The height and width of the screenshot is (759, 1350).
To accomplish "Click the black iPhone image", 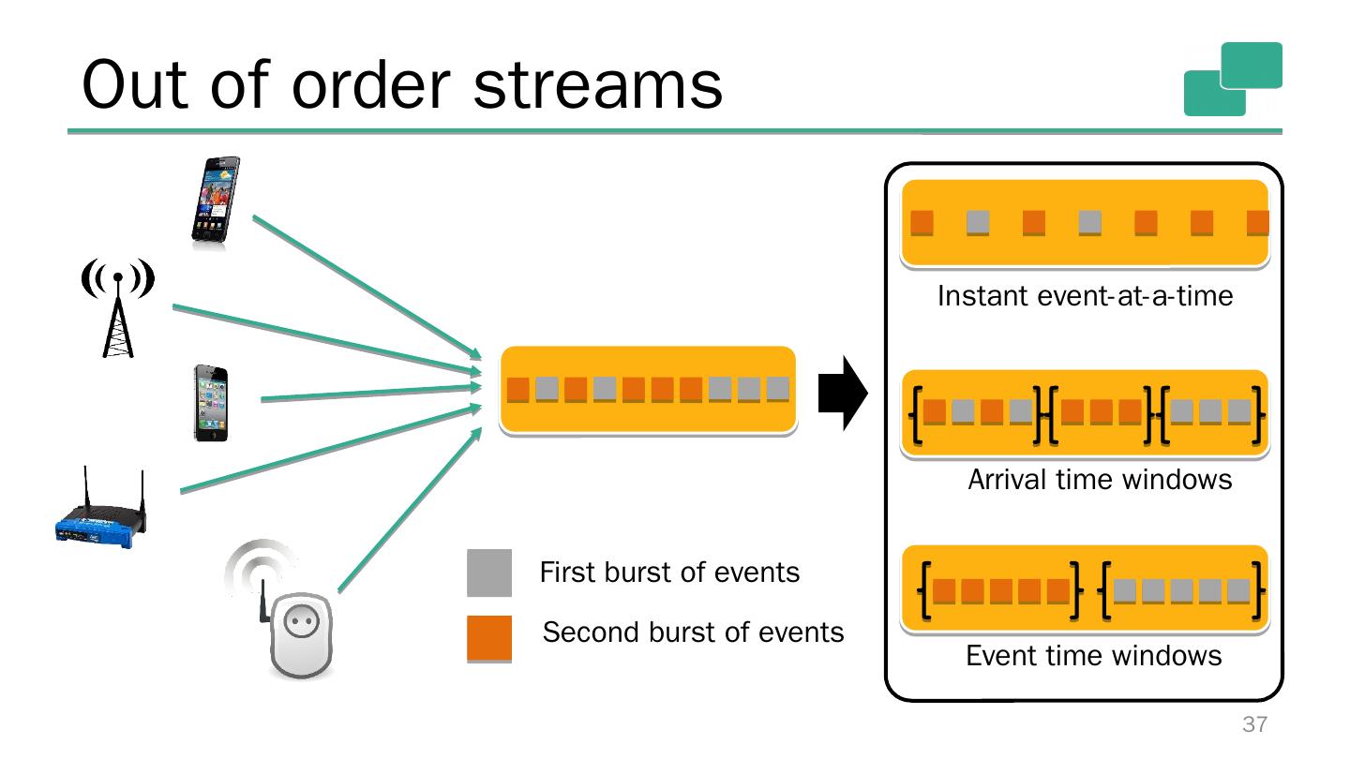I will click(210, 403).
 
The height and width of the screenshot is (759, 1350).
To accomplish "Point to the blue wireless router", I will click(100, 512).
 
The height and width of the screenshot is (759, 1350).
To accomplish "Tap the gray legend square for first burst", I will click(489, 573).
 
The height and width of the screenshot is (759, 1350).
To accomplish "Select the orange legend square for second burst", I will click(489, 638).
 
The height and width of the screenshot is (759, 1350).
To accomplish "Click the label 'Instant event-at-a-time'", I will click(1085, 297).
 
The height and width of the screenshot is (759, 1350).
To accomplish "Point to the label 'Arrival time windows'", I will click(1099, 480).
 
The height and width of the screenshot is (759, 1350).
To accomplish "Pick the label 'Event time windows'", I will click(1093, 655).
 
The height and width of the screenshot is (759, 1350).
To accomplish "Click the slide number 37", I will click(1254, 724).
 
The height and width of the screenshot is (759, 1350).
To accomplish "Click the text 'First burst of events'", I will click(669, 573).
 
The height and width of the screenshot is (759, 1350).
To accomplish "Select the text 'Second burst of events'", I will click(693, 632).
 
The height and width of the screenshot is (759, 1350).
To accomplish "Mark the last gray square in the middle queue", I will click(778, 389).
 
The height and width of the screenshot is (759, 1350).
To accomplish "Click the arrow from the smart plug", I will click(408, 512).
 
